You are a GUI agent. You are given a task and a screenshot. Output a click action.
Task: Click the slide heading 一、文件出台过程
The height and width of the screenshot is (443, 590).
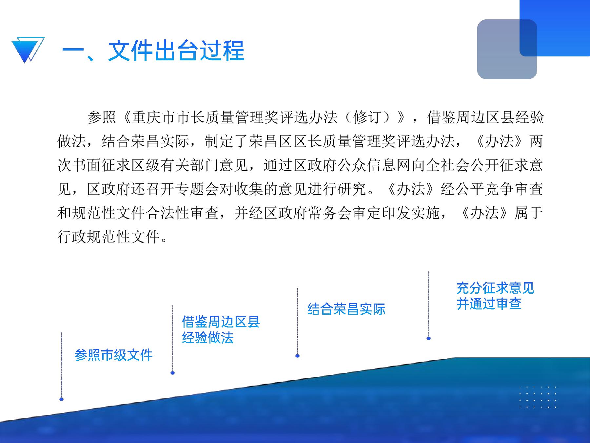[x=153, y=51]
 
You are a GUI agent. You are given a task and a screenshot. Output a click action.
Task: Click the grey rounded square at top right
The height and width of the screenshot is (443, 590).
[x=507, y=49]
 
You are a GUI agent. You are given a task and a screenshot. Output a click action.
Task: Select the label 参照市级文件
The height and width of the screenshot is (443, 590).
[x=114, y=355]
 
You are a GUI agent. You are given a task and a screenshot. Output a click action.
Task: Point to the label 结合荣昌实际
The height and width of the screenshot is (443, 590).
[x=346, y=309]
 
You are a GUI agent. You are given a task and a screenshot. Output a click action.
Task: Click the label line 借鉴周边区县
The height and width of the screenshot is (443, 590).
[x=221, y=322]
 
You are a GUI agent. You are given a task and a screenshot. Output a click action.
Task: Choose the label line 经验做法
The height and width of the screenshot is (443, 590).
[x=208, y=338]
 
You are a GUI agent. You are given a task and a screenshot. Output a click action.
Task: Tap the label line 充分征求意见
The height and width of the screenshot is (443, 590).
[x=495, y=288]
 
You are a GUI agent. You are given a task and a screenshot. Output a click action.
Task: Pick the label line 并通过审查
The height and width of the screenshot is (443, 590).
[x=489, y=304]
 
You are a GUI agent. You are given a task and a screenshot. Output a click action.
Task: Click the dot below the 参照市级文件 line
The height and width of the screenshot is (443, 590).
[x=61, y=399]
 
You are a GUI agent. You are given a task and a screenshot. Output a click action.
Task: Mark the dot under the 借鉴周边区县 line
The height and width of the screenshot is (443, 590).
[x=173, y=373]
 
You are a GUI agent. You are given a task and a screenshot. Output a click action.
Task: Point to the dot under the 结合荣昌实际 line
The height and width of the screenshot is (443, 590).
[x=298, y=356]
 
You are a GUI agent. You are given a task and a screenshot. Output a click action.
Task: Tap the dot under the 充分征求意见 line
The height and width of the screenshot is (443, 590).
[x=429, y=338]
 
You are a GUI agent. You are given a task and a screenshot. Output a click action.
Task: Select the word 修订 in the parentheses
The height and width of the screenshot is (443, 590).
[x=367, y=117]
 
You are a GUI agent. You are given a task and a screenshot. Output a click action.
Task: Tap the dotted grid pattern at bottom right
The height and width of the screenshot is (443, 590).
[x=538, y=397]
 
